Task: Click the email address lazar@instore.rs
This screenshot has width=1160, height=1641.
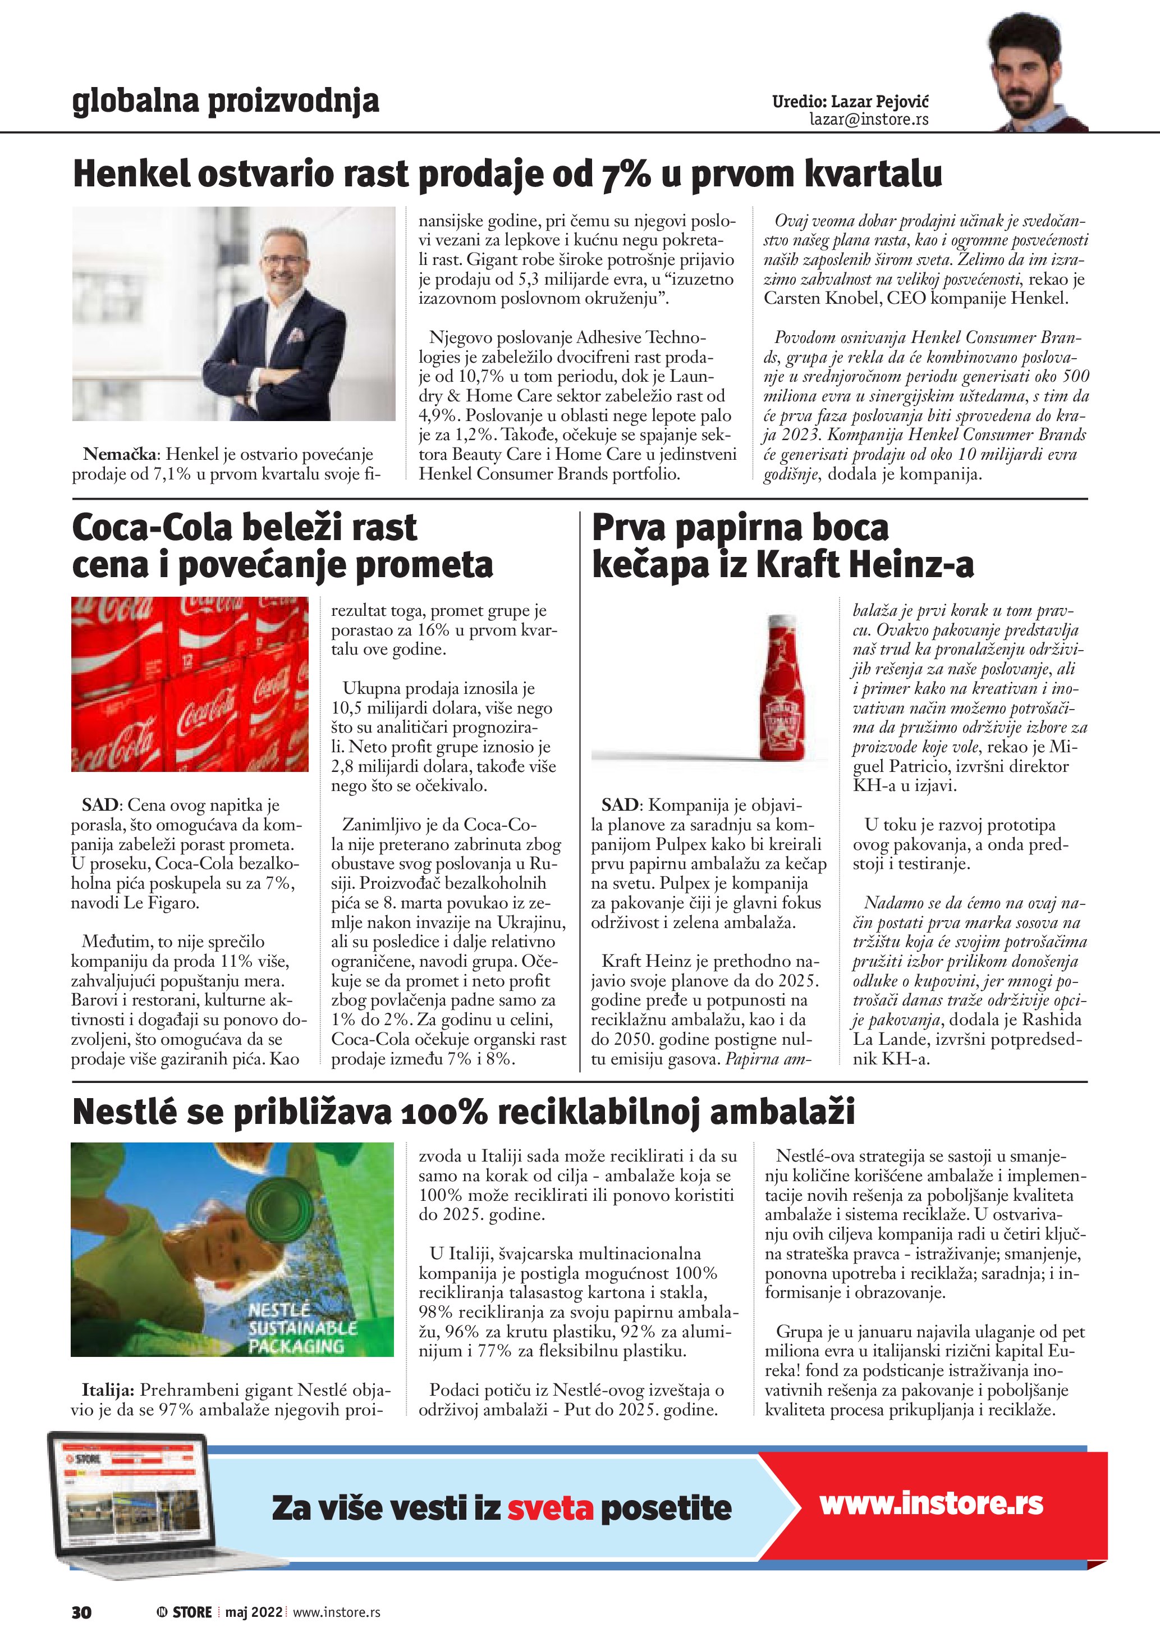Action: tap(869, 120)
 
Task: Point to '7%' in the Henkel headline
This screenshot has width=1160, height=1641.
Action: tap(626, 173)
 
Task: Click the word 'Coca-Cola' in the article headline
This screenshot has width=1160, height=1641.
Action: tap(152, 528)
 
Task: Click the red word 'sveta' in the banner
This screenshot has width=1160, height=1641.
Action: tap(550, 1507)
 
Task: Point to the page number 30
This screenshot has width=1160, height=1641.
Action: tap(81, 1612)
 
